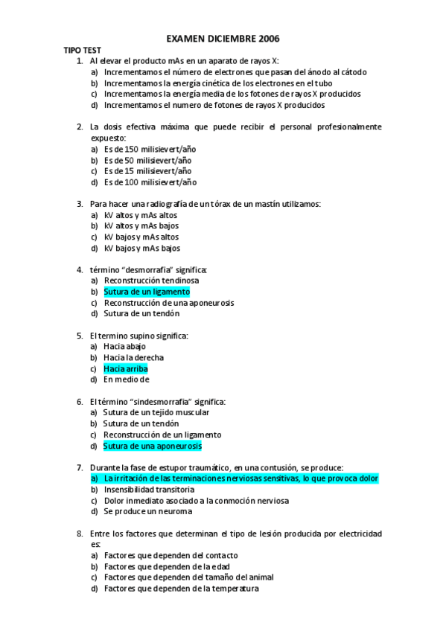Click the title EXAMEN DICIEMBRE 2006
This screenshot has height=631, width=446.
[x=223, y=38]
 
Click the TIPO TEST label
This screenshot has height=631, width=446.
[x=82, y=49]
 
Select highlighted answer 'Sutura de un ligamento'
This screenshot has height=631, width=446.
[x=147, y=292]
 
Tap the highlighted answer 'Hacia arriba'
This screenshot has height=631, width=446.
[x=126, y=368]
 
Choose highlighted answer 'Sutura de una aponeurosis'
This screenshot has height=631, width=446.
[x=153, y=446]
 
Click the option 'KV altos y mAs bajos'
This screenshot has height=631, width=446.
[x=141, y=225]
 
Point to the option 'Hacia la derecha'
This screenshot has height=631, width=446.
[x=134, y=357]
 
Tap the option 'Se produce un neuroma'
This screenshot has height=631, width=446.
[x=148, y=511]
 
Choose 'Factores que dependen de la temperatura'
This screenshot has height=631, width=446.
[x=181, y=589]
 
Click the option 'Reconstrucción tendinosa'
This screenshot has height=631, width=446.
[x=151, y=281]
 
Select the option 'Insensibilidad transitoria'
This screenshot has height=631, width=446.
[x=150, y=490]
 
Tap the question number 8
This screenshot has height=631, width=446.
[x=80, y=534]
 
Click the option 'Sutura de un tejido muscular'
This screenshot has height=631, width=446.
[x=156, y=412]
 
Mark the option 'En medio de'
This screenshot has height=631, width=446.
[x=127, y=379]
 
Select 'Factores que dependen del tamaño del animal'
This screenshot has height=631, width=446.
[x=189, y=577]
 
